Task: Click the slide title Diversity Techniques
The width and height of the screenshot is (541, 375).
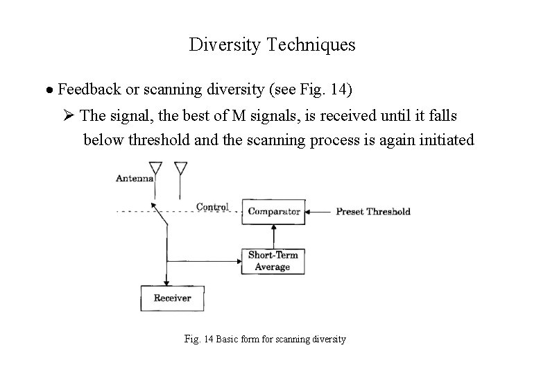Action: click(271, 45)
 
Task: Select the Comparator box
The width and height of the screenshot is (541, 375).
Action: click(274, 211)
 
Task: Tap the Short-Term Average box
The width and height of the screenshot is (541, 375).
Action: click(273, 260)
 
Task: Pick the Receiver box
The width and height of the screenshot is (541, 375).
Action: click(172, 299)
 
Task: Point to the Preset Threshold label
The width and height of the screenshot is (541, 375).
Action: click(373, 212)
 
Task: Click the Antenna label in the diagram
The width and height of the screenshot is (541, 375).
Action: click(135, 178)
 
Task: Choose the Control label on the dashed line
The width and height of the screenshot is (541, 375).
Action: click(212, 206)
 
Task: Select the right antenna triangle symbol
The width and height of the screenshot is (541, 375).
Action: click(180, 168)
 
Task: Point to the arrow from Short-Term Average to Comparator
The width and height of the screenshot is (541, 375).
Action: click(273, 235)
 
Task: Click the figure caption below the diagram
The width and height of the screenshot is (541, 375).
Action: click(266, 340)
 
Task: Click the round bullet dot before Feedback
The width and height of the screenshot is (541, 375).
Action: click(50, 90)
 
